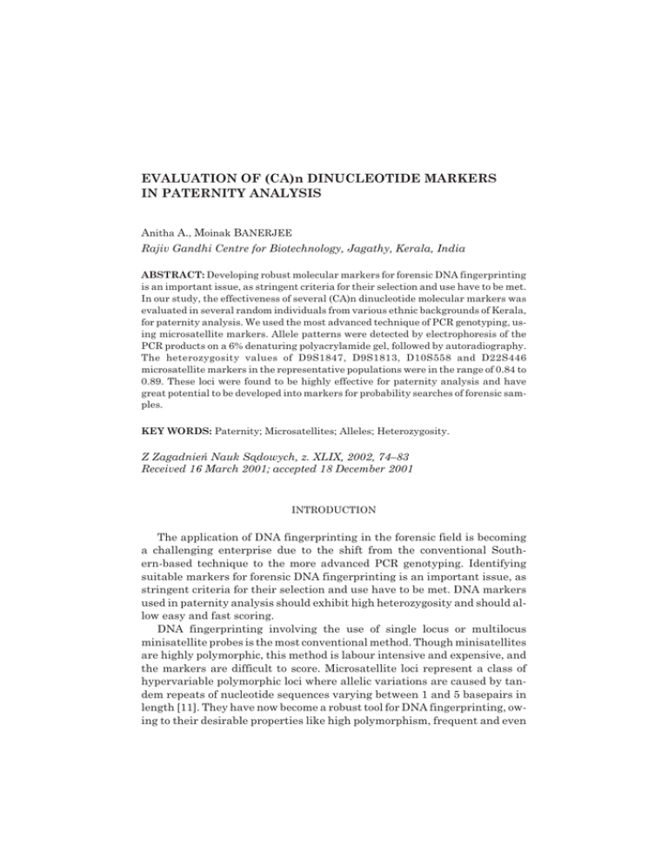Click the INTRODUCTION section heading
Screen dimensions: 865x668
(x=334, y=559)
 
